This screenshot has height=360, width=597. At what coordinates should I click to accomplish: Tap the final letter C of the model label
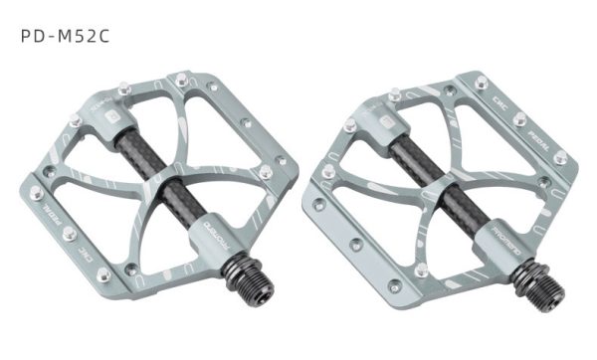pyautogui.click(x=102, y=35)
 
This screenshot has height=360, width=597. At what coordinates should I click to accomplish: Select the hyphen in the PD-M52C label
pyautogui.click(x=48, y=35)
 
